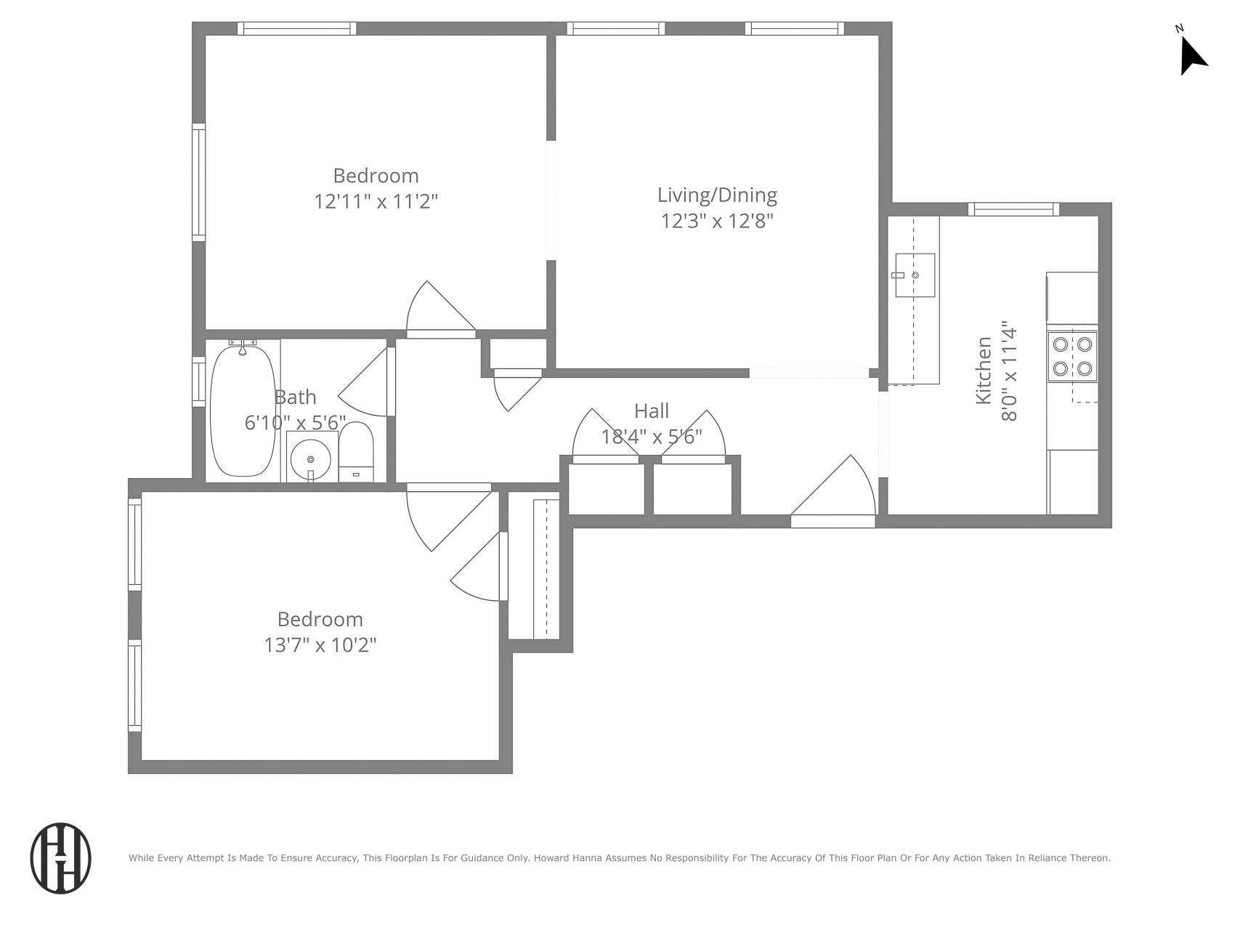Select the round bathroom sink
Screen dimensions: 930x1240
tap(311, 458)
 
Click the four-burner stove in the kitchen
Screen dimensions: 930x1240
tap(1072, 356)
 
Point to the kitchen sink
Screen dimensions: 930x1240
tap(915, 275)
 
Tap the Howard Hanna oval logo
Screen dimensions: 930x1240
tap(61, 858)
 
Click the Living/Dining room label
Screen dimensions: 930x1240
tap(717, 195)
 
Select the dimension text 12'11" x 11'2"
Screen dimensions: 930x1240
tap(376, 201)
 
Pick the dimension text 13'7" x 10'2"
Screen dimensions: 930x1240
tap(320, 645)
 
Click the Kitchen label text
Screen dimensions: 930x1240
tap(984, 371)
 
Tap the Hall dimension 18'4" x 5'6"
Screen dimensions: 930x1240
tap(651, 437)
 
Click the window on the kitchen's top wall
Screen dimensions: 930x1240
tap(1013, 209)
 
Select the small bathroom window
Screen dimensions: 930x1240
tap(198, 381)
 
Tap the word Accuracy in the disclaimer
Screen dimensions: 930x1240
tap(332, 858)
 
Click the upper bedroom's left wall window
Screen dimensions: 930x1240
tap(198, 182)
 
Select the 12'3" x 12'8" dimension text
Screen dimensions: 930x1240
tap(717, 221)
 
